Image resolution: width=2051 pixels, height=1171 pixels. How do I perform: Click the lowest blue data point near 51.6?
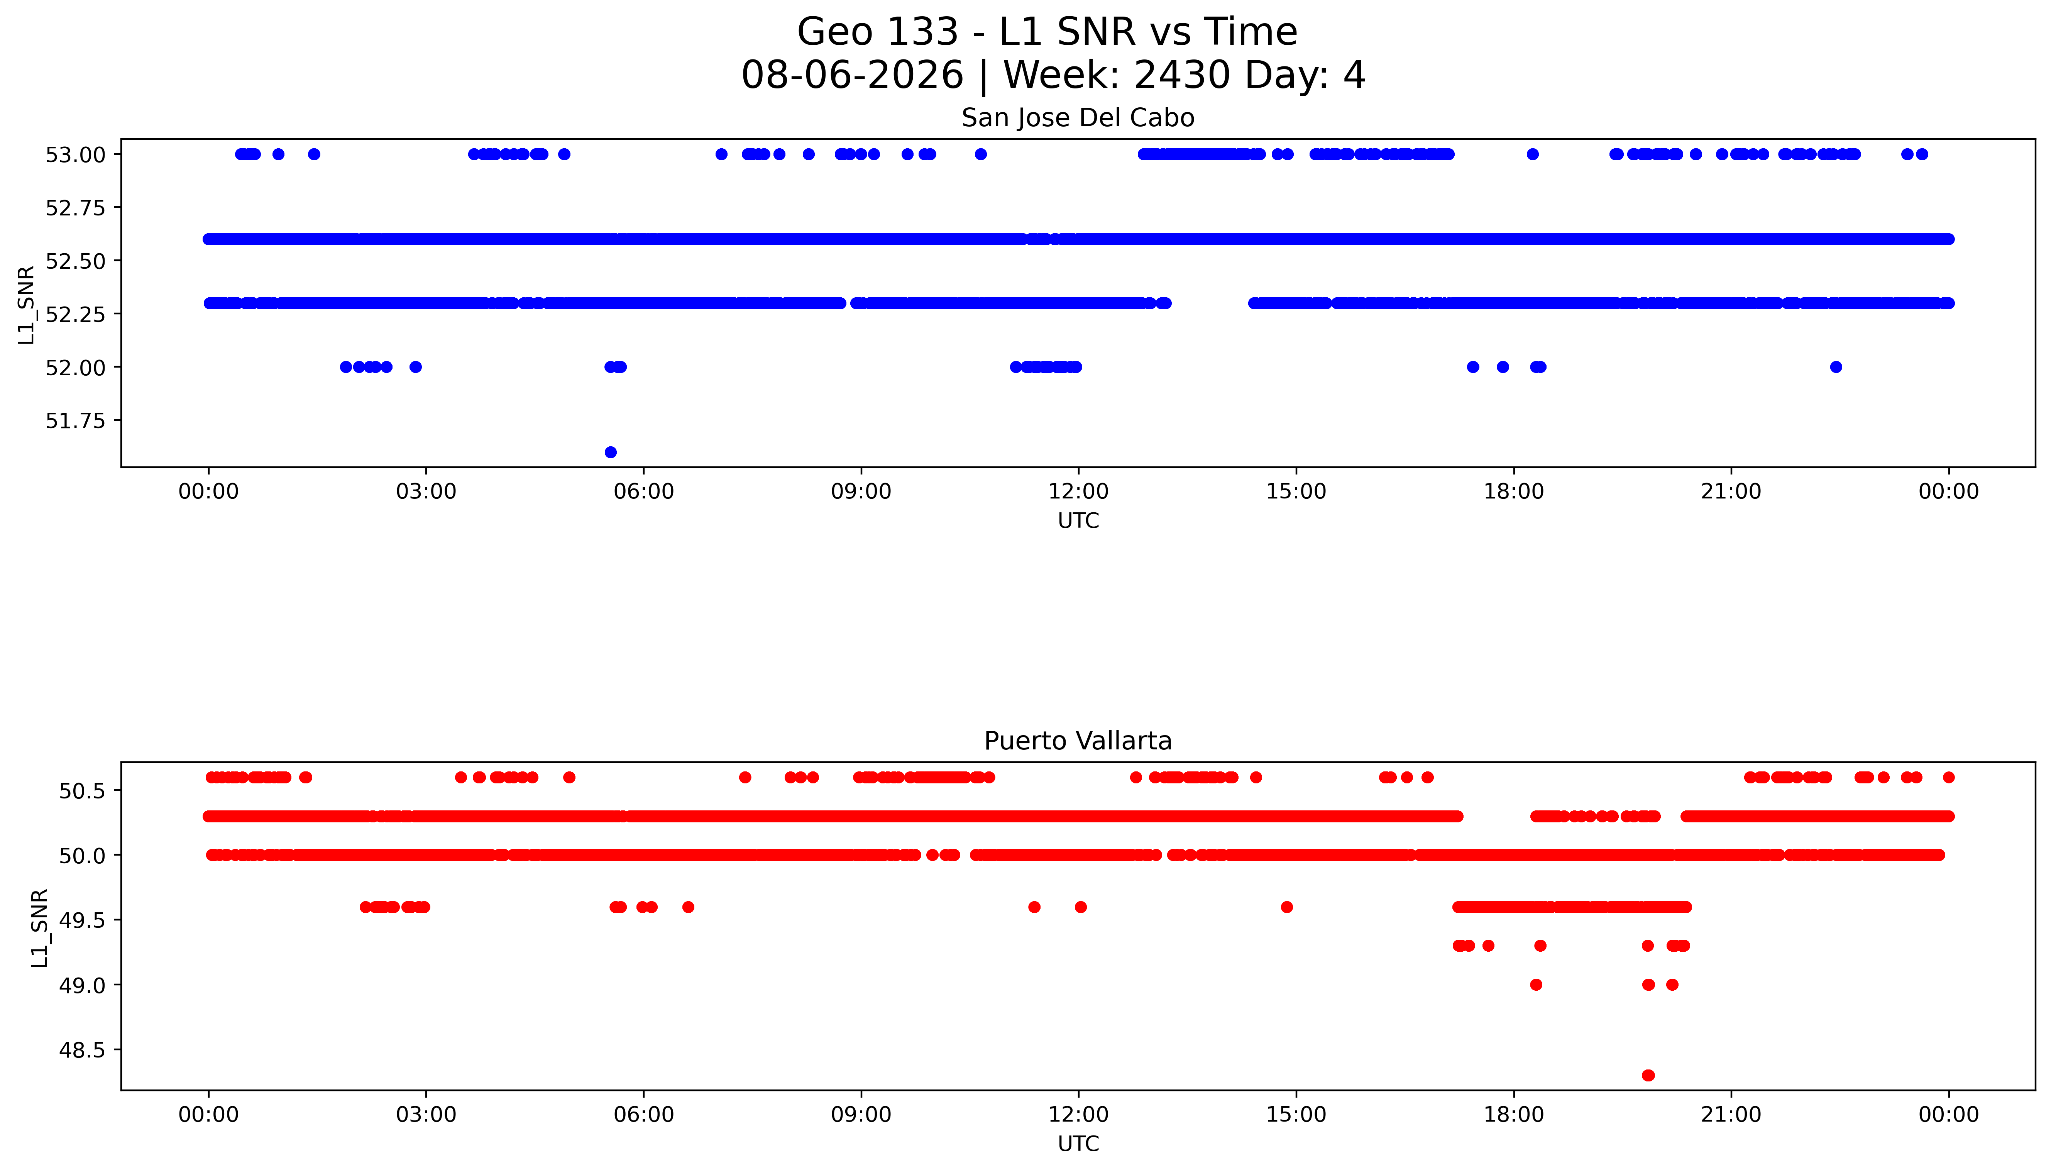tap(610, 452)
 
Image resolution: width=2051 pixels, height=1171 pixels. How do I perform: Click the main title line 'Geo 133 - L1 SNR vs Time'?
tap(1047, 32)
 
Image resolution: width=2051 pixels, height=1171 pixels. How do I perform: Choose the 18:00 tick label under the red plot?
tap(1513, 1115)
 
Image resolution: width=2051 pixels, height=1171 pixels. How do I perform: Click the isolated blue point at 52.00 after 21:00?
tap(1836, 367)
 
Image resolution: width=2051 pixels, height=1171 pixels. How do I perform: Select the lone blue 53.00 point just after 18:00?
tap(1532, 154)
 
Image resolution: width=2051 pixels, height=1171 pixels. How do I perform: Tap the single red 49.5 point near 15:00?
tap(1286, 907)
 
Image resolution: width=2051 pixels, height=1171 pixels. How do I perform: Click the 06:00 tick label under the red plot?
tap(643, 1115)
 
